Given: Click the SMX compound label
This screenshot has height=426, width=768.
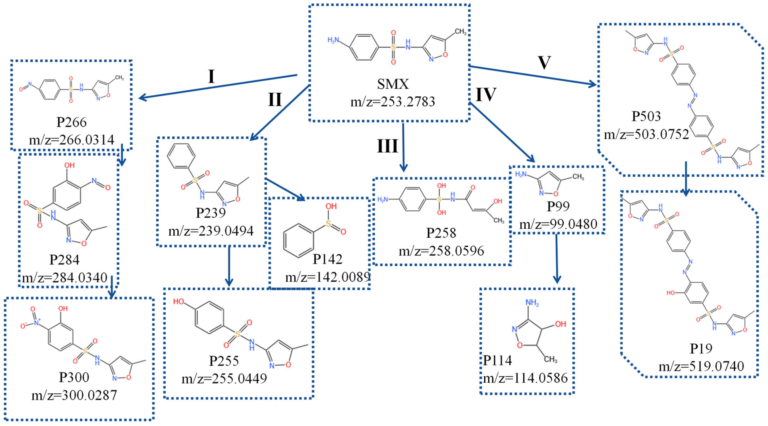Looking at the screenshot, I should coord(393,84).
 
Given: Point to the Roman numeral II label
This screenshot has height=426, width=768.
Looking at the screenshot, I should coord(275,99).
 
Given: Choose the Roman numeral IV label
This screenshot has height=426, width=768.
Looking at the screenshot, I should coord(486,95).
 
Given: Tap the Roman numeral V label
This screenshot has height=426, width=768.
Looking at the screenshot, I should coord(544,63).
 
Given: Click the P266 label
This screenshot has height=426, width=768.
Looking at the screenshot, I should coord(72,122).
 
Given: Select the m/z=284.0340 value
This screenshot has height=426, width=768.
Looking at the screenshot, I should coord(65,278).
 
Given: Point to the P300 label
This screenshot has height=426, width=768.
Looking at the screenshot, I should coord(74,377).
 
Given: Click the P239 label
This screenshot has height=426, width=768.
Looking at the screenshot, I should coord(211,213).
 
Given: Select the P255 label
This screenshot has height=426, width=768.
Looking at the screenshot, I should coord(224,361).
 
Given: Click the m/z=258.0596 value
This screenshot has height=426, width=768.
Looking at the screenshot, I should coord(441,251).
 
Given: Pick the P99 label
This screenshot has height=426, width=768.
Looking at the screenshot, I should coord(558,206).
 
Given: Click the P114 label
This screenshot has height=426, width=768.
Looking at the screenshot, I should coord(497,360).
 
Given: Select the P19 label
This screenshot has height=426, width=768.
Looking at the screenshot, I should coord(701,349).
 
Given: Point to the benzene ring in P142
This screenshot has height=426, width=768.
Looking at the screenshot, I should coord(298,240).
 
